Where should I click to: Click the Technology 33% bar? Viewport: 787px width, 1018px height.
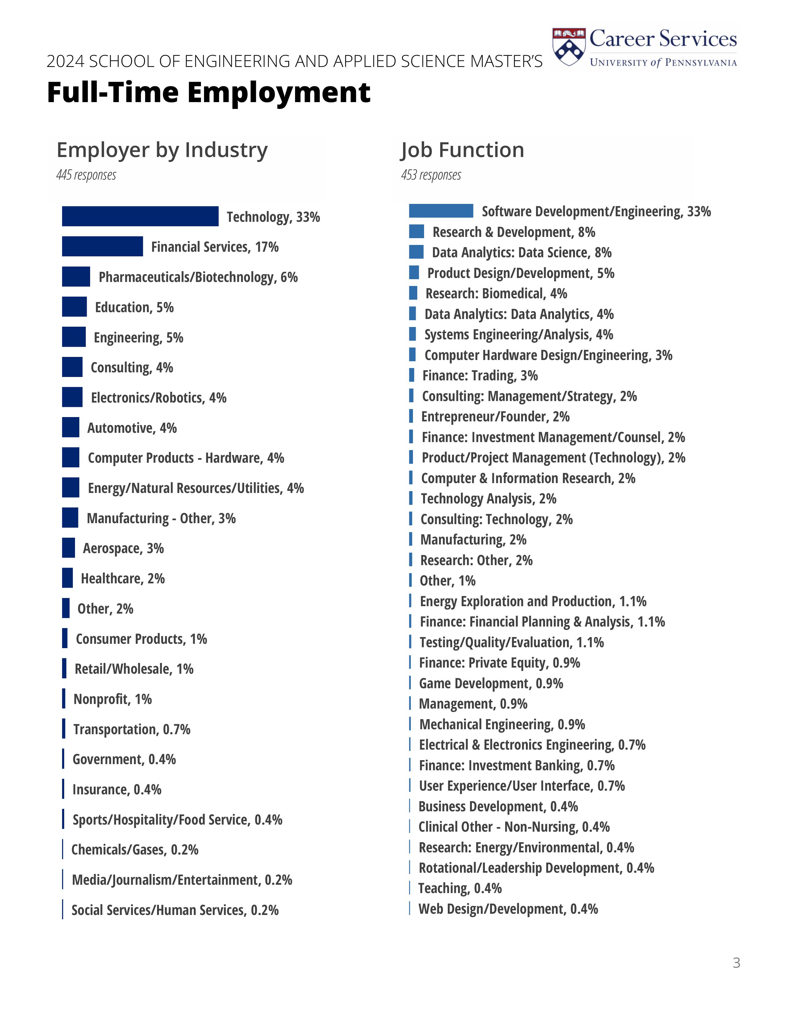[x=140, y=216]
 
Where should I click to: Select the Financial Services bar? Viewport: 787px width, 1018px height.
[x=102, y=246]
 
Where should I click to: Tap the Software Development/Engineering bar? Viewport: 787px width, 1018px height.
[x=441, y=211]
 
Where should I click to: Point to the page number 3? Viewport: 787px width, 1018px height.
[x=736, y=962]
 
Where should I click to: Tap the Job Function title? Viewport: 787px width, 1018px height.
[x=462, y=150]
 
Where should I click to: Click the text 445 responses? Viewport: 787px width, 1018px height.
[x=86, y=175]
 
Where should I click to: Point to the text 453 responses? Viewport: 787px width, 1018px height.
[x=431, y=175]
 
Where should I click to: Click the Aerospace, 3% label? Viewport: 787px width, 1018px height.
[x=123, y=548]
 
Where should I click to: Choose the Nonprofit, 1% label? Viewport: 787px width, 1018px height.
[x=112, y=699]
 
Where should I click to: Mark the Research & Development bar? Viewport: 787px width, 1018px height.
[x=416, y=231]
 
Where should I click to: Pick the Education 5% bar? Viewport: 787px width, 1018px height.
[x=74, y=307]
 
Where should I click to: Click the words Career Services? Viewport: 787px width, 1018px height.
[x=663, y=39]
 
